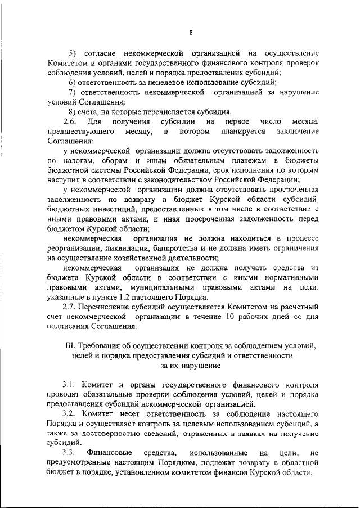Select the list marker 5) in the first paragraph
[x=72, y=52]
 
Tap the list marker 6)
[x=71, y=82]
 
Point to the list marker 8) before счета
[x=71, y=112]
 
